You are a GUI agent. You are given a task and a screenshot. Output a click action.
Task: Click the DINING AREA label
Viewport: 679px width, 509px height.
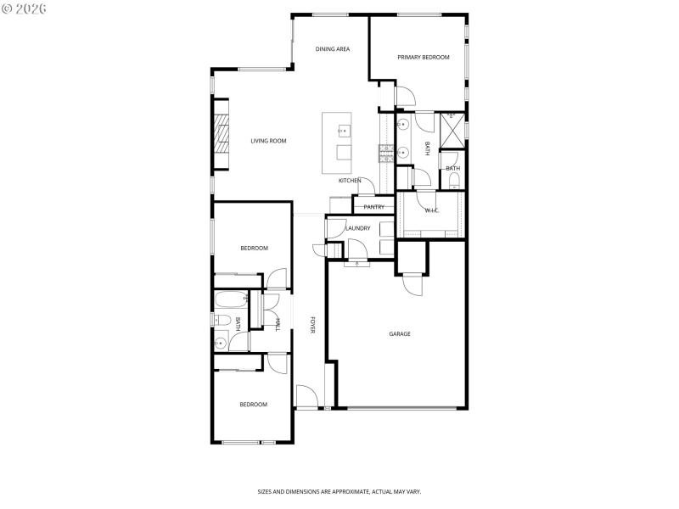pos(333,49)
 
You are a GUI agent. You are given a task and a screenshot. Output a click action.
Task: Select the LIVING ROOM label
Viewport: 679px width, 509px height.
pos(268,141)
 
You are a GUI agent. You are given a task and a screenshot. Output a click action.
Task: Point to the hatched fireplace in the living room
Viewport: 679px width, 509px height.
pos(221,135)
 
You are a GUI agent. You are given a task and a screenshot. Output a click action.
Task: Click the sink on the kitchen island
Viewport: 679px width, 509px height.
pos(345,130)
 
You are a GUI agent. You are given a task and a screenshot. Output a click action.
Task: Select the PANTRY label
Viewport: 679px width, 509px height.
pos(374,207)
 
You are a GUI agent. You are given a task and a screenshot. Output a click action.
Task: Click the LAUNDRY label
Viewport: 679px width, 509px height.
pos(357,228)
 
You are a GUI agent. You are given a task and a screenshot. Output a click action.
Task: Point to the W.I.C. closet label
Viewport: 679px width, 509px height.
pos(431,210)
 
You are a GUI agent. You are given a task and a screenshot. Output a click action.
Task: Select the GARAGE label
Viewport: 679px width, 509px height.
pos(400,334)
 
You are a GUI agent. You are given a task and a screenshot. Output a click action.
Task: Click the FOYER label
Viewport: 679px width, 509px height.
pos(312,326)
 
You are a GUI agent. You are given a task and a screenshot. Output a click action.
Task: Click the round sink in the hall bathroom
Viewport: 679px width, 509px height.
pos(222,342)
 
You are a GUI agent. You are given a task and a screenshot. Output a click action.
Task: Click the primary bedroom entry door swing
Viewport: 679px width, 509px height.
pos(404,96)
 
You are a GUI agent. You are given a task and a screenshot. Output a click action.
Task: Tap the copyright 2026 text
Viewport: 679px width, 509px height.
pos(25,8)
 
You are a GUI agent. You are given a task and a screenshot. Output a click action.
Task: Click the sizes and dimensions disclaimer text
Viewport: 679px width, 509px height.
pos(339,491)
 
